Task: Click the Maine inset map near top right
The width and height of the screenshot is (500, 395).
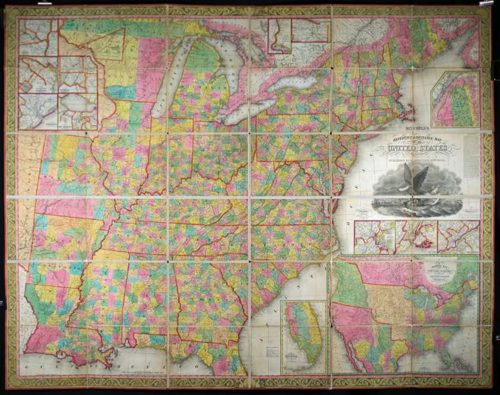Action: pyautogui.click(x=455, y=99)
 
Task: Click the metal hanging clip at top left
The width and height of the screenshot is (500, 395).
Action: pyautogui.click(x=44, y=3)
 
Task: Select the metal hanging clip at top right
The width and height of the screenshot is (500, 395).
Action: pyautogui.click(x=485, y=3)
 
